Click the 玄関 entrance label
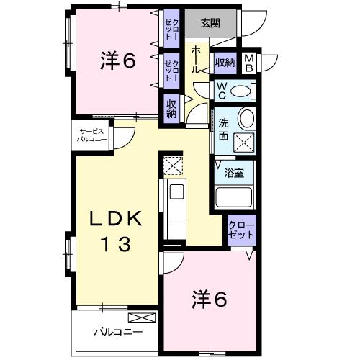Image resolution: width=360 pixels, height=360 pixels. [210, 23]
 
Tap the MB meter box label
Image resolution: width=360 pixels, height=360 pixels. [249, 63]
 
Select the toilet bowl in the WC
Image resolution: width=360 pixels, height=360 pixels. [240, 91]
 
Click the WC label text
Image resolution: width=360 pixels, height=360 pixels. [221, 91]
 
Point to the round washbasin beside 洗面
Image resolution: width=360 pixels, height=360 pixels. [247, 119]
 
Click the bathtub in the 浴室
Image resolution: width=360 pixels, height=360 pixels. [234, 197]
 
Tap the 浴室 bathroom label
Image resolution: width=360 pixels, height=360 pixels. [234, 173]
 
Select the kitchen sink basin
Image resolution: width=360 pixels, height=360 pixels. [176, 191]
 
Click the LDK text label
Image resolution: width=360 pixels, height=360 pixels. [115, 219]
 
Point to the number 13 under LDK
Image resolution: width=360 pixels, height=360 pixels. [117, 244]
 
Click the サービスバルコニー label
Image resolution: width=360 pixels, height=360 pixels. [91, 135]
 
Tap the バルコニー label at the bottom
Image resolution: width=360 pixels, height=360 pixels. [118, 333]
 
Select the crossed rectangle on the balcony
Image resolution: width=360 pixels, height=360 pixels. [142, 318]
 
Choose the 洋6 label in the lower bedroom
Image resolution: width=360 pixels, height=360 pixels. [209, 300]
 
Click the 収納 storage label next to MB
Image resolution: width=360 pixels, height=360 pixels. [225, 63]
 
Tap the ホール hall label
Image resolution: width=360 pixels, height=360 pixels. [196, 60]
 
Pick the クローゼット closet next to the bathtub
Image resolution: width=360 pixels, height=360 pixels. [241, 230]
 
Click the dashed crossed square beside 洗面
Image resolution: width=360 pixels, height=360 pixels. [244, 143]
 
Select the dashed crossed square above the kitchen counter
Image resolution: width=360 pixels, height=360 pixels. [173, 166]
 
